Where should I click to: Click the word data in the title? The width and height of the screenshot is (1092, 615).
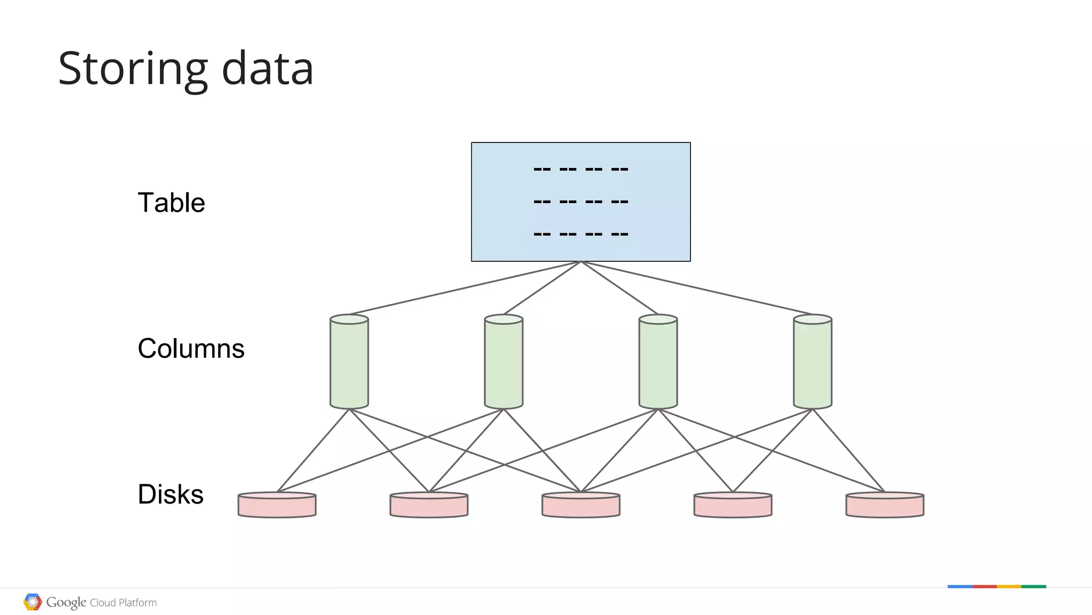coord(267,69)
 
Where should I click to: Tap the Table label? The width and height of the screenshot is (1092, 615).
coord(171,203)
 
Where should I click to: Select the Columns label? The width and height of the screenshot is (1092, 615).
coord(191,348)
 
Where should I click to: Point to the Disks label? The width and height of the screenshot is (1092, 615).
coord(171,494)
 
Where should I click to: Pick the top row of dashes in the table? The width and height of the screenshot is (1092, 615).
coord(581,170)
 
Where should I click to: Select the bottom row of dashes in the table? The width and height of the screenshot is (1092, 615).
coord(581,234)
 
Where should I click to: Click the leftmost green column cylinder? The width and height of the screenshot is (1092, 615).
coord(349,363)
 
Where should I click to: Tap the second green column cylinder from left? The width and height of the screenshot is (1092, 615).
coord(503,363)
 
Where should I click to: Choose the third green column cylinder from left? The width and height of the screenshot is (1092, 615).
coord(658,363)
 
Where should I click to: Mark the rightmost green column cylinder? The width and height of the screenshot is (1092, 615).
coord(813,363)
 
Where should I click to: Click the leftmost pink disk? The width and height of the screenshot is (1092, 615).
coord(277,505)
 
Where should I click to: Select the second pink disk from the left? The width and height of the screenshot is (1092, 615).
coord(429,505)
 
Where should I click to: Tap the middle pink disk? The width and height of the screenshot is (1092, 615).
coord(581,505)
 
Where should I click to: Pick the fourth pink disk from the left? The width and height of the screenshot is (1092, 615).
coord(733,505)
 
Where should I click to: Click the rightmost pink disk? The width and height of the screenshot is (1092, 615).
coord(885,505)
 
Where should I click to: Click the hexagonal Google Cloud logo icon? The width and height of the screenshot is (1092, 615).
coord(33,602)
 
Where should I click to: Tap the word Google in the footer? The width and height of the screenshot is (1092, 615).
coord(66,602)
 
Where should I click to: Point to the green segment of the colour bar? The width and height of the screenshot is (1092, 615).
coord(1033,587)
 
